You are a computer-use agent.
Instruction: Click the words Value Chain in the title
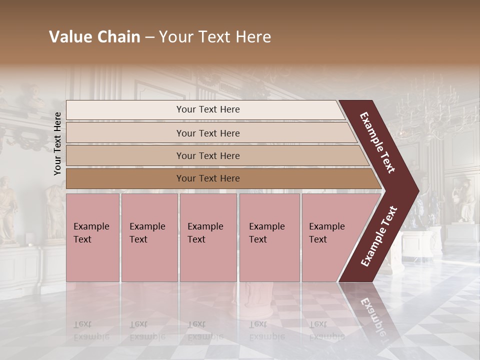pos(94,37)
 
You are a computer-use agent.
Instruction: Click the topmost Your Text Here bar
pos(207,109)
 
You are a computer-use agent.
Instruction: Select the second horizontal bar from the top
pos(207,133)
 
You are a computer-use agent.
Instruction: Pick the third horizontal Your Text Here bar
pos(207,155)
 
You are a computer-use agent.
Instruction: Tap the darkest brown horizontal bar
pos(207,178)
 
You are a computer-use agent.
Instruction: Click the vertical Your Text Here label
pos(57,143)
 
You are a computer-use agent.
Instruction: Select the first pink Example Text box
pos(92,237)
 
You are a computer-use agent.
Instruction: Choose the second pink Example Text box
pos(149,237)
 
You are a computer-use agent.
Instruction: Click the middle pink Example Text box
pos(208,237)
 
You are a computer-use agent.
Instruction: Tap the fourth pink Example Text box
pos(269,237)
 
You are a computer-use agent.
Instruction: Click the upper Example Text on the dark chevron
pos(378,142)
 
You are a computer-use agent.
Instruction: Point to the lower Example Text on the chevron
pos(379,236)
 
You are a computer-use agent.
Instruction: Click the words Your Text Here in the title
pos(215,37)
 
